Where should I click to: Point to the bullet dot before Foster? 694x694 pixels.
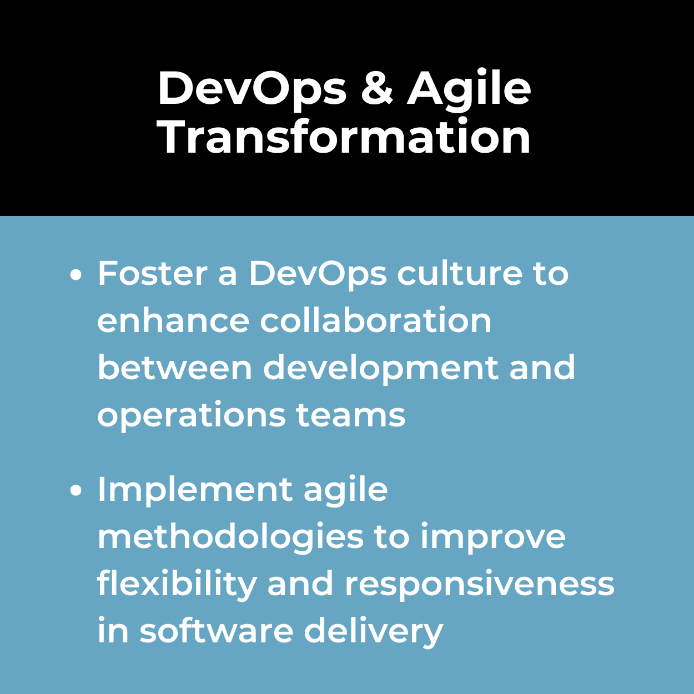pyautogui.click(x=76, y=275)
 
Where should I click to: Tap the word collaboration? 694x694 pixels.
pyautogui.click(x=376, y=320)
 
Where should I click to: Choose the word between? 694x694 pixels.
pyautogui.click(x=175, y=368)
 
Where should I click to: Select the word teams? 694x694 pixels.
pyautogui.click(x=351, y=415)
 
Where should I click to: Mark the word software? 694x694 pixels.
pyautogui.click(x=217, y=631)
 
